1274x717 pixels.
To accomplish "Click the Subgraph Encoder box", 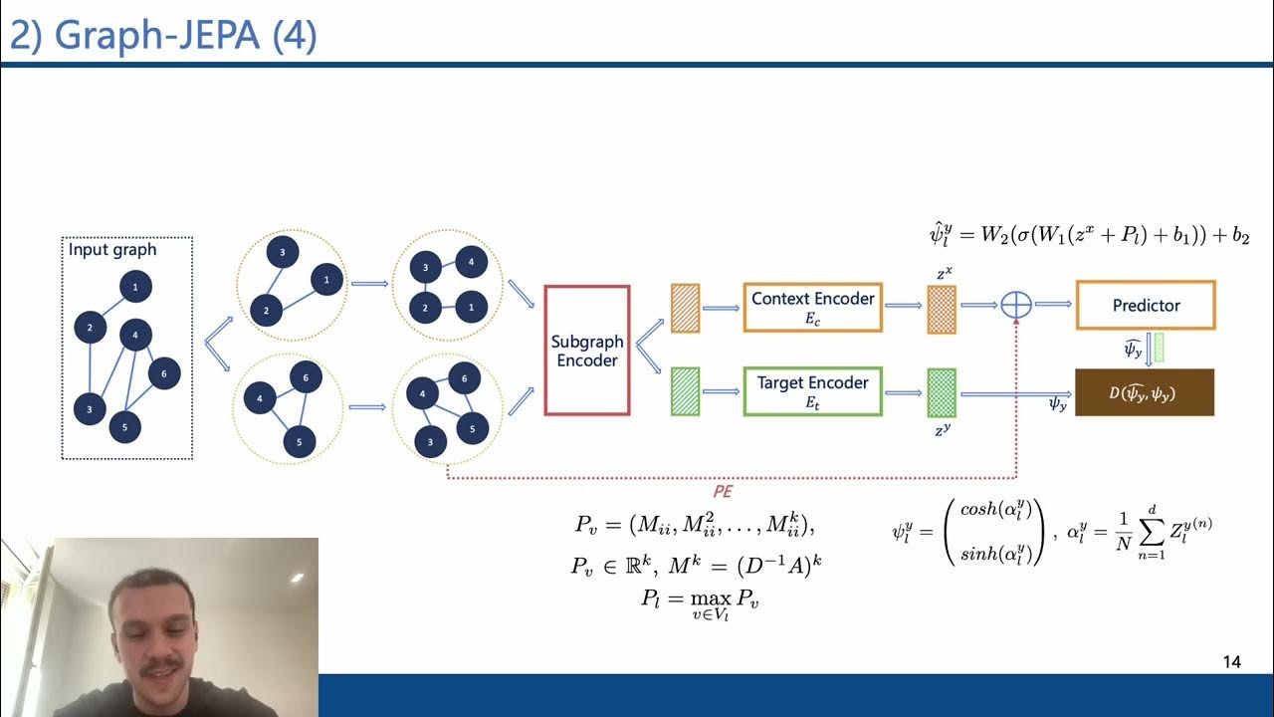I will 587,351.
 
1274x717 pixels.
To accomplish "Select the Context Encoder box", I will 812,307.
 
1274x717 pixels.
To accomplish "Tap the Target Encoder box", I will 812,391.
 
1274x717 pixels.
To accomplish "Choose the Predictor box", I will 1146,306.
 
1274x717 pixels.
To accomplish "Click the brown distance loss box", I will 1145,392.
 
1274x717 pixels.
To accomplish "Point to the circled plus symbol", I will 1015,306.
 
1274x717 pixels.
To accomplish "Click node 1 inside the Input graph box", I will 135,287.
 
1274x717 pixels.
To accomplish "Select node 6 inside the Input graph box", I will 163,373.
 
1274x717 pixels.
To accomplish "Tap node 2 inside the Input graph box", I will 90,327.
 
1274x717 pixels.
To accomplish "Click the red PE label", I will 723,491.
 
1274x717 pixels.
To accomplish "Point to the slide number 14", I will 1231,662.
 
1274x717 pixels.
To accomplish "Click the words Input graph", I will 112,250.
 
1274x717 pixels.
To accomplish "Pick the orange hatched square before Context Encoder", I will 686,307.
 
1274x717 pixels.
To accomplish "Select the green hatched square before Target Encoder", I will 686,391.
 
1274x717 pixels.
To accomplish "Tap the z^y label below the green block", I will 942,430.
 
